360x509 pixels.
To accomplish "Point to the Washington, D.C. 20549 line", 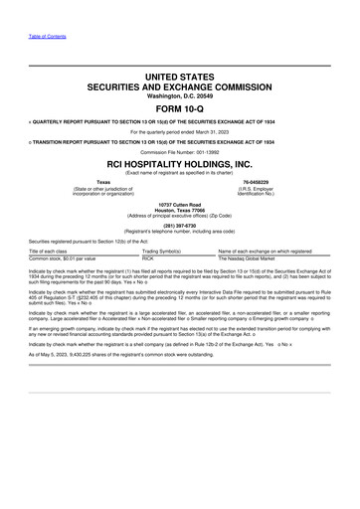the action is coord(179,95).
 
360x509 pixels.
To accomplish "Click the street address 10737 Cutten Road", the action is coord(179,203).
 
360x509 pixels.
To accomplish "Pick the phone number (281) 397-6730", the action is coord(179,224).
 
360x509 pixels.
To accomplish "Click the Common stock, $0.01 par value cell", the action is coord(63,258).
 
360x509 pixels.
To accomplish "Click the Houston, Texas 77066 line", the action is coord(179,209).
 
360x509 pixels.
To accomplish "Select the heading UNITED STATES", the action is coord(179,75).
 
